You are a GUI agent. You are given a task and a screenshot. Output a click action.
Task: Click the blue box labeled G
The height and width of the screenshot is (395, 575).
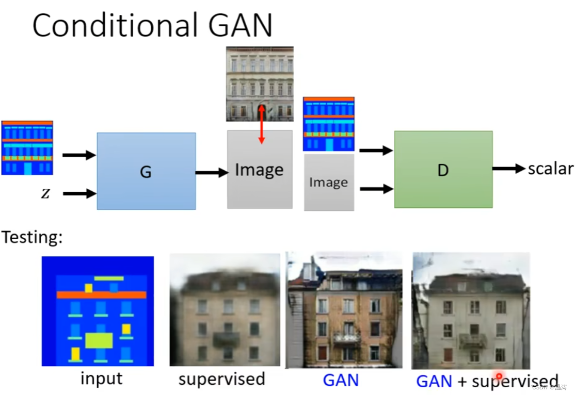pos(146,171)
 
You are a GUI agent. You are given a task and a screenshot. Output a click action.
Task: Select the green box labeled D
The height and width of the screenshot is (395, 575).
pos(443,169)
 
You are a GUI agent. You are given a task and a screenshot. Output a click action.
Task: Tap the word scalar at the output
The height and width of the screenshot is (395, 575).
pos(550,169)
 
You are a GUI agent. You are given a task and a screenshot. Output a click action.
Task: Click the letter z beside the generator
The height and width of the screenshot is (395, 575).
pos(45,194)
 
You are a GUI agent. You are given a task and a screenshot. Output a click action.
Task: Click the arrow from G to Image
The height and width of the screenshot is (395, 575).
pos(212,173)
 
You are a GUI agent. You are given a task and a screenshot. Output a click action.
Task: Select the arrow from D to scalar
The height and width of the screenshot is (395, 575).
pos(508,169)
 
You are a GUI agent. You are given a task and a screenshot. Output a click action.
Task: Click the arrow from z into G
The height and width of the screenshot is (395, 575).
pos(79,194)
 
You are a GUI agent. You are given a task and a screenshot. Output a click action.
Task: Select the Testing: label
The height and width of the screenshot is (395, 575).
pos(32,238)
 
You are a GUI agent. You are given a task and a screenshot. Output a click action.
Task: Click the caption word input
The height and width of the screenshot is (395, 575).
pos(102,379)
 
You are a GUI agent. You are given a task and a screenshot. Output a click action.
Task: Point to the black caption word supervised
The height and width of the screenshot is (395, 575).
pos(221,379)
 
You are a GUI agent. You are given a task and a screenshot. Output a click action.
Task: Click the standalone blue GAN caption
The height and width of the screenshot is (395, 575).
pos(341,381)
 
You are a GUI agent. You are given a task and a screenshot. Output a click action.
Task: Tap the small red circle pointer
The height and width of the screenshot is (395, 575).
pos(499,376)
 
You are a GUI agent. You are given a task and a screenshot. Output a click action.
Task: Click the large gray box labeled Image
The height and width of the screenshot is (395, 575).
pos(260,170)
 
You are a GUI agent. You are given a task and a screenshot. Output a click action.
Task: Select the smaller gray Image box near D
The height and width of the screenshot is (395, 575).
pos(329,183)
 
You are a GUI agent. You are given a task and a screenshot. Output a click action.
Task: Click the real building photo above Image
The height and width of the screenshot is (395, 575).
pos(260,84)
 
